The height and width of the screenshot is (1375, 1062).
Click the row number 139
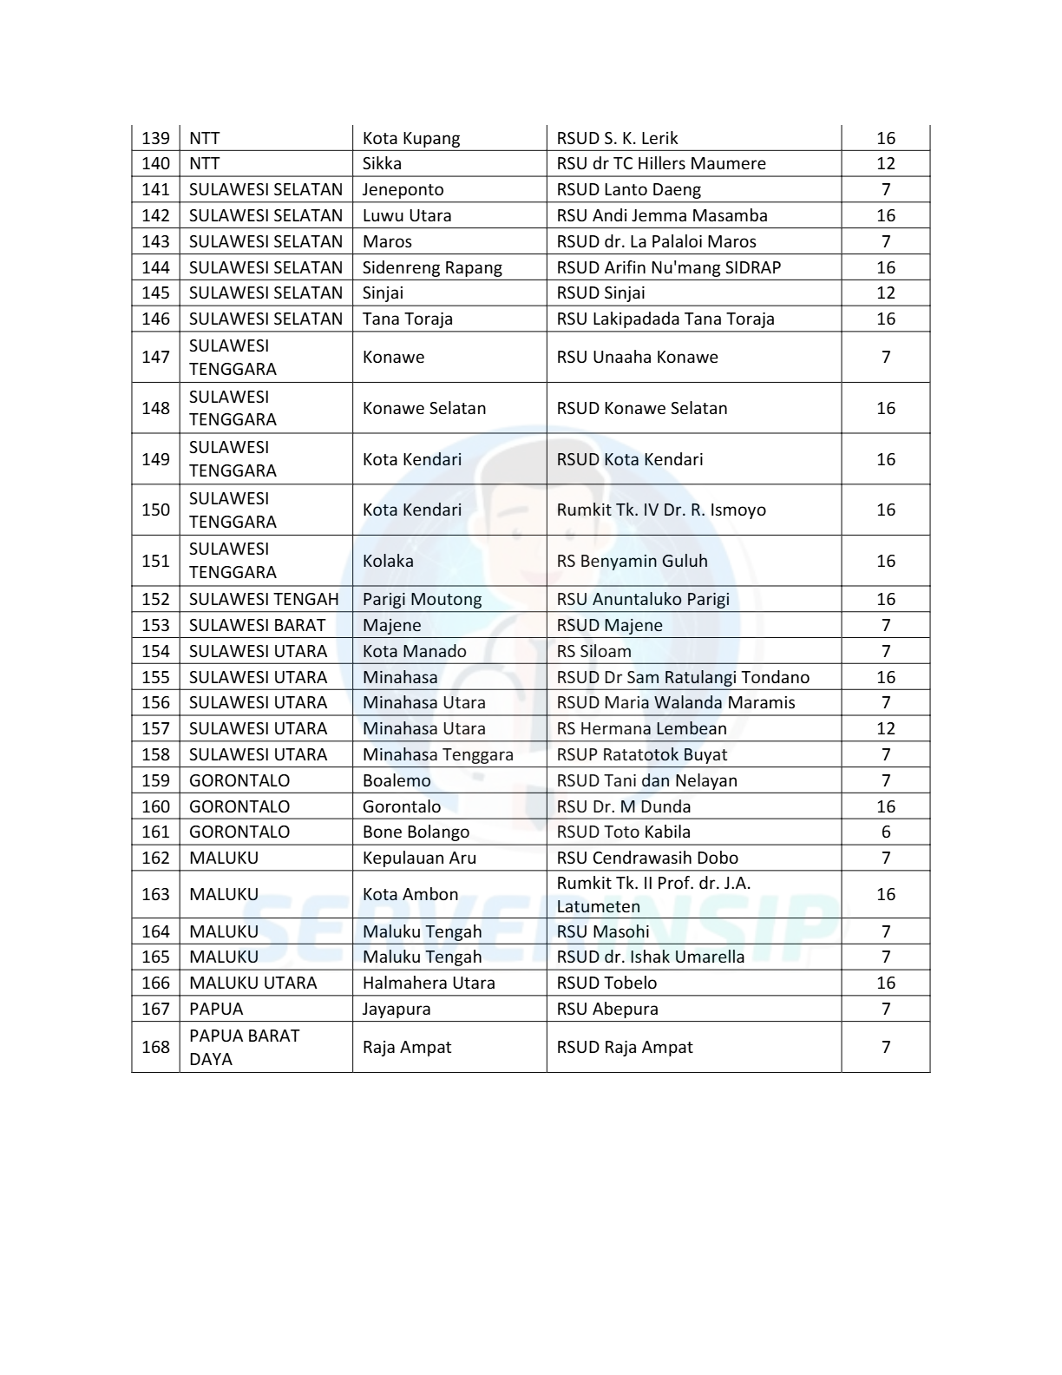[x=155, y=138]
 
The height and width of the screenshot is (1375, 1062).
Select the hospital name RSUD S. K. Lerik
[x=617, y=138]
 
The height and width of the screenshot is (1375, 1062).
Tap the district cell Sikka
[x=382, y=163]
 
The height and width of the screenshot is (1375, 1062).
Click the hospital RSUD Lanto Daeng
[x=628, y=189]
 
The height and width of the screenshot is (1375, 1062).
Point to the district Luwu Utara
[x=407, y=215]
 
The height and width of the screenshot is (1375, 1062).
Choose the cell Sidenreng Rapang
[x=432, y=267]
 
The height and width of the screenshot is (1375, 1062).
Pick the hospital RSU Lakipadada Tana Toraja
[x=665, y=319]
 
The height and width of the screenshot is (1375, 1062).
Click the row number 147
[x=155, y=357]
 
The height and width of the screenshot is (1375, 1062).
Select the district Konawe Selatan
[x=424, y=408]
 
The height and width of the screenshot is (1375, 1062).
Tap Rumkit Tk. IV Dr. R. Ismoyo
[x=661, y=510]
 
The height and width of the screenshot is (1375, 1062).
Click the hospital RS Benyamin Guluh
[x=632, y=561]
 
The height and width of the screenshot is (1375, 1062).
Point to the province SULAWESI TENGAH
[x=264, y=599]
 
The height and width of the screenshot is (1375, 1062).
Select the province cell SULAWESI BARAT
[x=257, y=625]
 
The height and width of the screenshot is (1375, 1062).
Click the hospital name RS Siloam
[x=593, y=651]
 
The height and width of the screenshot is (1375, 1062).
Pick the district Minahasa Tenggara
[x=438, y=754]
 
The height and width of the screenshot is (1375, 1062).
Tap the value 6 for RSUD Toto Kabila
[x=885, y=832]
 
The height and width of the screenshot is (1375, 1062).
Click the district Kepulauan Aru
[x=419, y=858]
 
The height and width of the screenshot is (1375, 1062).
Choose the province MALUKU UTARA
[x=253, y=983]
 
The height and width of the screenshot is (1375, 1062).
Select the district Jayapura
[x=397, y=1009]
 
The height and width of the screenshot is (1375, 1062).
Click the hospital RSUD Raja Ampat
[x=625, y=1047]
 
